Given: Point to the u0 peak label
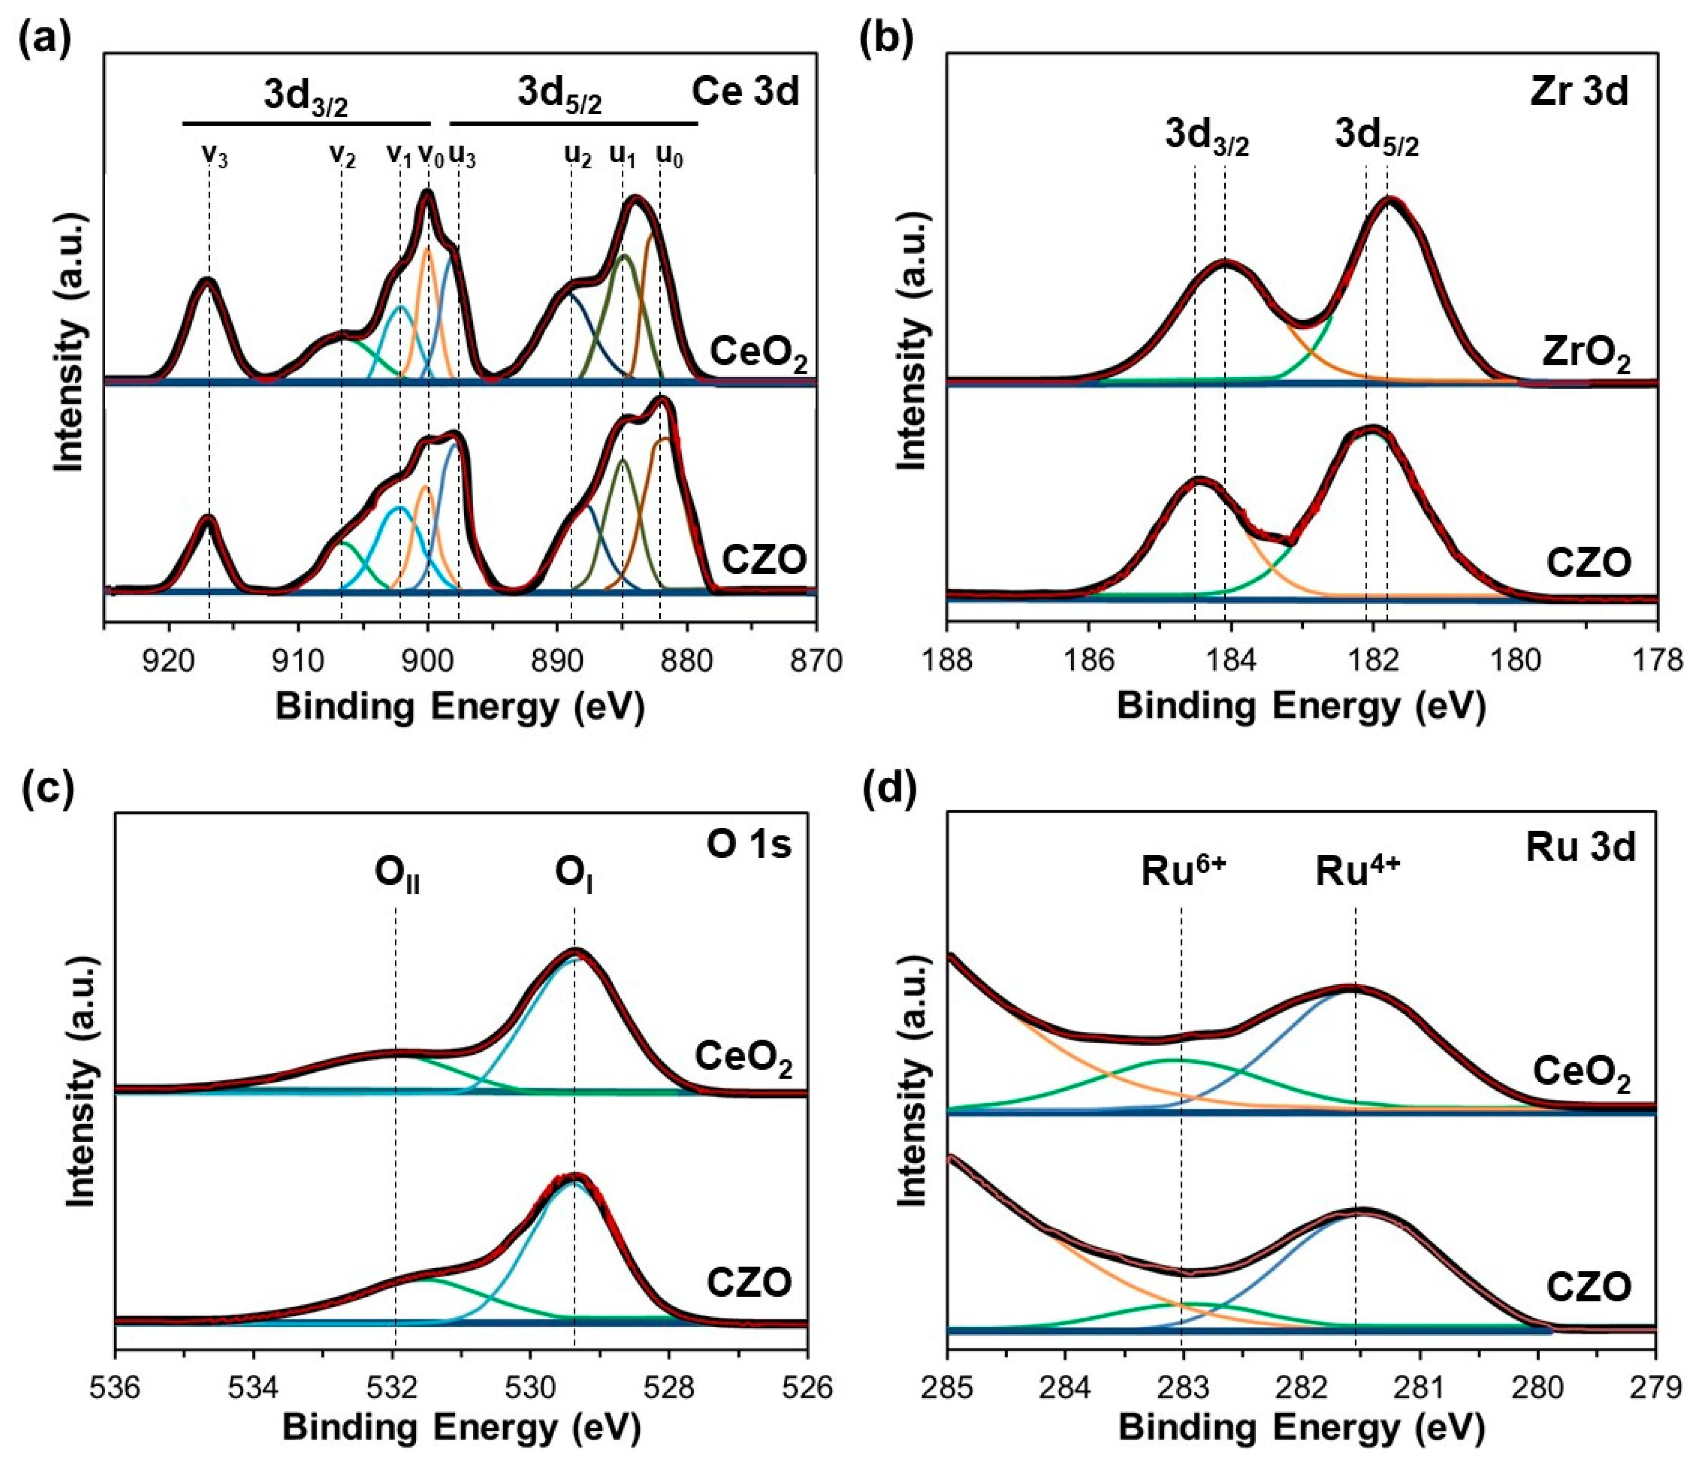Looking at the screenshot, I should [669, 155].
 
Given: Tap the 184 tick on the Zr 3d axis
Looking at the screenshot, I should [1230, 659].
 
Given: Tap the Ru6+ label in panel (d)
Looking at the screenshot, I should [1183, 872].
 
